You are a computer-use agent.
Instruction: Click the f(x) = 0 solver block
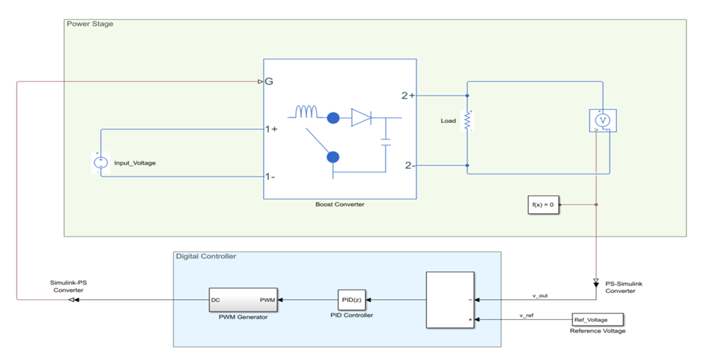coord(543,205)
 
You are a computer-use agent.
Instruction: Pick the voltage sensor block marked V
coord(603,121)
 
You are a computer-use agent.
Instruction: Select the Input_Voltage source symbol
coord(100,162)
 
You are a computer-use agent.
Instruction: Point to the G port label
coord(268,82)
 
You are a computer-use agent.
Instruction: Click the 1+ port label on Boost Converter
coord(271,129)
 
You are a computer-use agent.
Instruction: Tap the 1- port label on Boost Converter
coord(270,176)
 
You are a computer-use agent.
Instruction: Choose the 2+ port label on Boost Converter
coord(408,95)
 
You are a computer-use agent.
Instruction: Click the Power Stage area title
coord(90,24)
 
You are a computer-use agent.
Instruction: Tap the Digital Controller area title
coord(205,256)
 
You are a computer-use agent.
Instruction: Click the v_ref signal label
coord(529,315)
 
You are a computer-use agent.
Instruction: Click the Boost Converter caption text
coord(339,205)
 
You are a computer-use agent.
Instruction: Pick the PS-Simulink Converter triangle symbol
coord(597,279)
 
